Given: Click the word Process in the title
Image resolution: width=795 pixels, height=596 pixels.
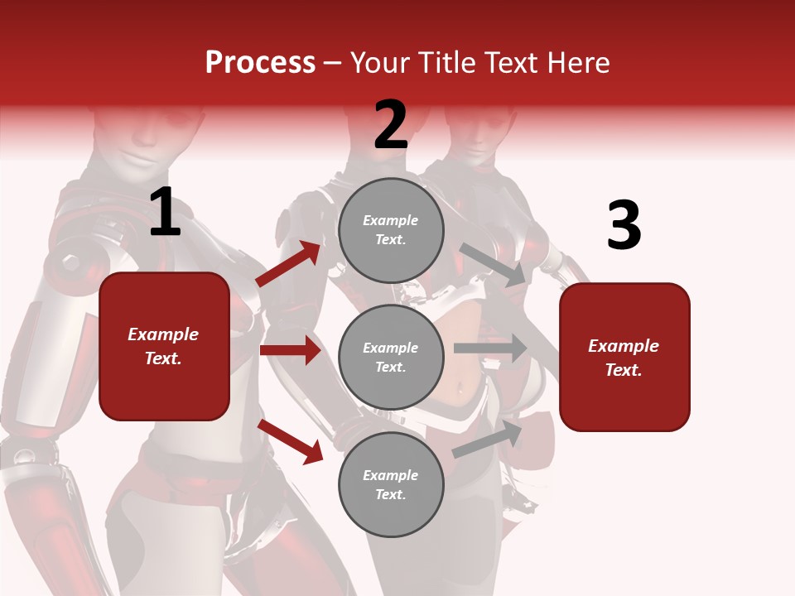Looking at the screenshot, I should click(x=260, y=63).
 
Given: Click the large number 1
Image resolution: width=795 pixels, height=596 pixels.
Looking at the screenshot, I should click(x=165, y=213).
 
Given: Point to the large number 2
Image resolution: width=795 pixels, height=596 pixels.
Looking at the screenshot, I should click(x=391, y=125).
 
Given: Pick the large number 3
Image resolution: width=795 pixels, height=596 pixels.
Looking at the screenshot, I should click(x=624, y=227).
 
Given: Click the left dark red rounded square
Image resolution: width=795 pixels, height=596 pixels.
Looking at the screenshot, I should click(x=164, y=346).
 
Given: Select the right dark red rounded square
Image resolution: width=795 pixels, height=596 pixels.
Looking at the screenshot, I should click(x=624, y=357).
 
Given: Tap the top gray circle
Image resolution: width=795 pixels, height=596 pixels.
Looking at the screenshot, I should click(x=391, y=230).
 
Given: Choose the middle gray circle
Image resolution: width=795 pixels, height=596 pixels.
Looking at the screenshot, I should click(x=391, y=357).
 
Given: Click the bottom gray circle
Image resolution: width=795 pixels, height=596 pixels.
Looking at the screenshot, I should click(x=391, y=484).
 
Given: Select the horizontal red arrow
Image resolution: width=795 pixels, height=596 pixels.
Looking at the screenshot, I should click(x=290, y=350).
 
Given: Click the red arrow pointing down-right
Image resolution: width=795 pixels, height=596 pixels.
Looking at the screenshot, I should click(x=291, y=440).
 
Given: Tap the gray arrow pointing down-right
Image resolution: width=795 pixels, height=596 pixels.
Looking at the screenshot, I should click(x=494, y=264).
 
